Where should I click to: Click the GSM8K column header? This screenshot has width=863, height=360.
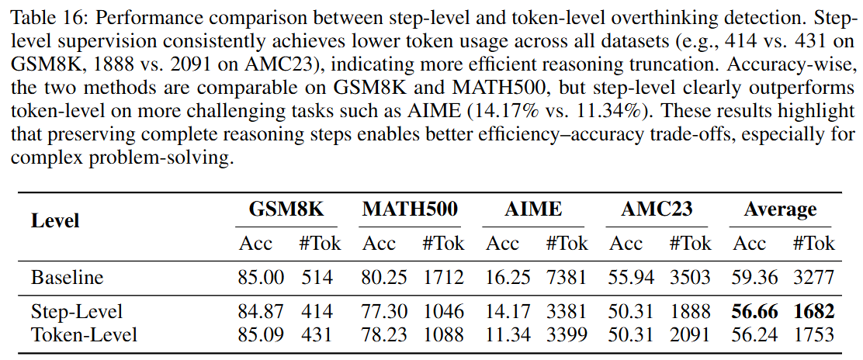coord(286,209)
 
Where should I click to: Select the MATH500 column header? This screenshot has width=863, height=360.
coord(409,209)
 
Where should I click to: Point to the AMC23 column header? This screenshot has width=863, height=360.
coord(657,209)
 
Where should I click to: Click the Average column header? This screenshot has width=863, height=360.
coord(780,209)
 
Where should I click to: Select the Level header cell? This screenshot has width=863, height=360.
coord(55,221)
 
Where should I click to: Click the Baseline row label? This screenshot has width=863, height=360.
coord(67,277)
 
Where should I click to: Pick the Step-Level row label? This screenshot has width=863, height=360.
coord(76,312)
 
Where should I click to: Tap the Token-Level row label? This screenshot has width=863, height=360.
coord(84,334)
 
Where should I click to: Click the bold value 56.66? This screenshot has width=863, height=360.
coord(749,312)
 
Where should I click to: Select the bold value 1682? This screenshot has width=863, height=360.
coord(813,312)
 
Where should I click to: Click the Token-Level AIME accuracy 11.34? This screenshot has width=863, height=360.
coord(502,334)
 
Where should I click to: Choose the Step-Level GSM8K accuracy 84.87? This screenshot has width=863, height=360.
coord(261,312)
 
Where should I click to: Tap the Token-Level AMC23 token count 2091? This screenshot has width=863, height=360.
coord(690,334)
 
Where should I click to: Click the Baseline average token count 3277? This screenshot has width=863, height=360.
coord(813,277)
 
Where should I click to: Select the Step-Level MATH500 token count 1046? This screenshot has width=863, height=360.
coord(443,312)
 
